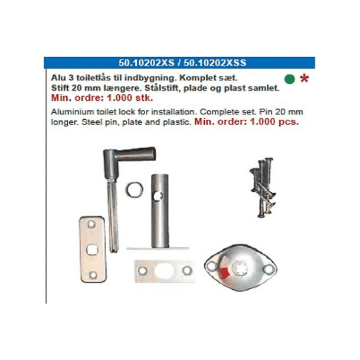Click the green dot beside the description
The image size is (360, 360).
[290, 79]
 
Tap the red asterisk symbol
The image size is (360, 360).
[305, 78]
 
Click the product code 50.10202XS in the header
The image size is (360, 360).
[146, 63]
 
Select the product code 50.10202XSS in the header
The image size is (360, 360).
[215, 63]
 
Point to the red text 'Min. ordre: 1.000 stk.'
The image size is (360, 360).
[102, 98]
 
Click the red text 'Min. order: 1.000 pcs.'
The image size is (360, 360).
[247, 122]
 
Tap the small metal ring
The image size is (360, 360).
[135, 189]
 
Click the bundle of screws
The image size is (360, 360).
[263, 187]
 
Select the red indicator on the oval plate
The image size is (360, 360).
[224, 273]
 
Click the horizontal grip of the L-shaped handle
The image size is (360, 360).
[136, 153]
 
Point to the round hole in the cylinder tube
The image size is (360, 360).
[158, 196]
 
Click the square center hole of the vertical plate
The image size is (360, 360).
[92, 250]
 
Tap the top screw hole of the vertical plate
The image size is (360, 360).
[91, 224]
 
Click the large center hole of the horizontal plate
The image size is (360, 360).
[164, 270]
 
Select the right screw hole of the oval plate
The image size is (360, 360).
[269, 270]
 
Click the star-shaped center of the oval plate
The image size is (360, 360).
[240, 268]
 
